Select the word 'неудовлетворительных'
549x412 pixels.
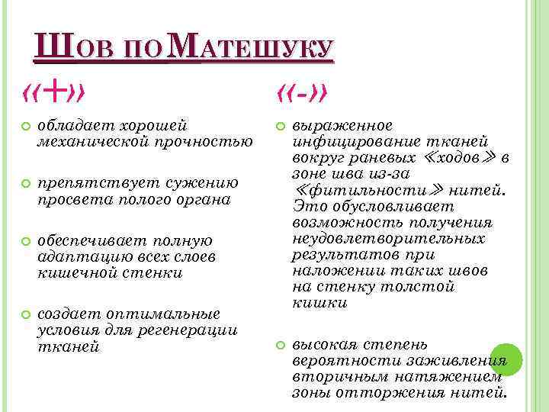(388, 239)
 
